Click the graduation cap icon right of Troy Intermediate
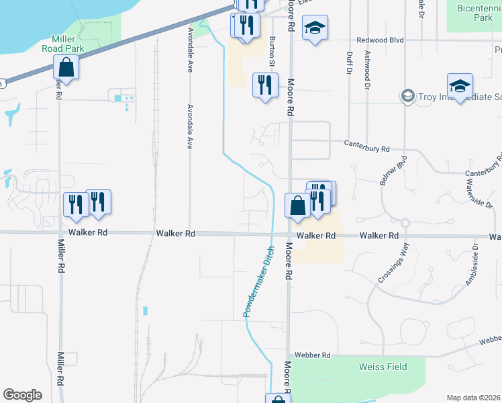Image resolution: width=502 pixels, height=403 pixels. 460,87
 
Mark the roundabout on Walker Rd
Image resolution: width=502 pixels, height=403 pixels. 405,223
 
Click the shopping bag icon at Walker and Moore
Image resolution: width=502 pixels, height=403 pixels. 297,206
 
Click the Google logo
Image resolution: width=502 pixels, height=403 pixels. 23,395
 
